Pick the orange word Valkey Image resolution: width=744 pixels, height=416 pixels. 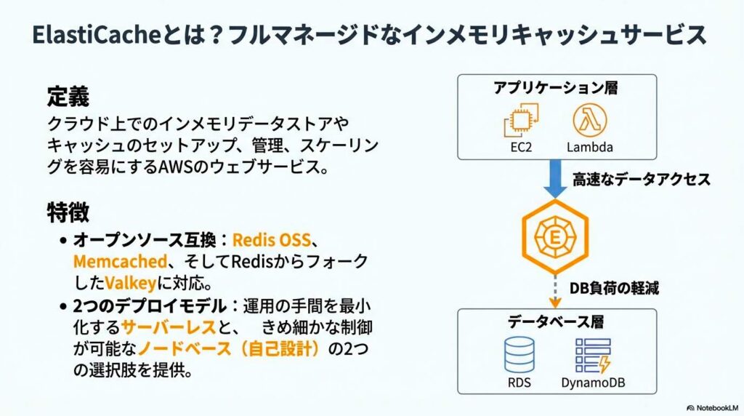tap(131, 281)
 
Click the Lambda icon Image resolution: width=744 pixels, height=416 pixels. tap(589, 121)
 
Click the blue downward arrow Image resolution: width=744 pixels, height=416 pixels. tap(557, 179)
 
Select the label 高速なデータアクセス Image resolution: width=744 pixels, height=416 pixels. tap(641, 180)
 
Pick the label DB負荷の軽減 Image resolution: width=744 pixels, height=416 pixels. tap(614, 288)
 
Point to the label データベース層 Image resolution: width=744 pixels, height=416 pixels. tap(556, 322)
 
